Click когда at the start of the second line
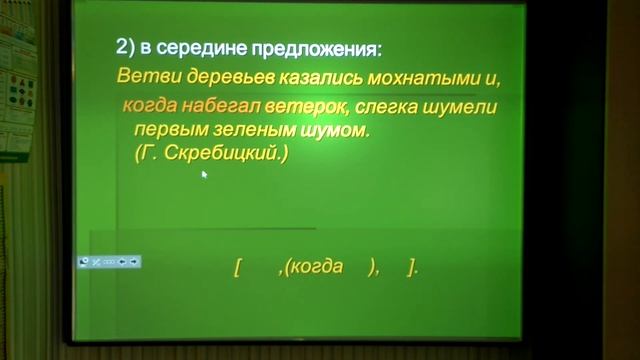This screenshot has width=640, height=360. pos(146,105)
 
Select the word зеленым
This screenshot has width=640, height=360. pos(235,130)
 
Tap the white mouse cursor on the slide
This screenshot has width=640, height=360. pos(204,175)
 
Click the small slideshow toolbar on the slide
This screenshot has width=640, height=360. pos(109,261)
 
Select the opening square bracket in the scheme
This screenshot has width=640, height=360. pos(237,267)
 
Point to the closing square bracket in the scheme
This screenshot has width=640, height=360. pos(412,267)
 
